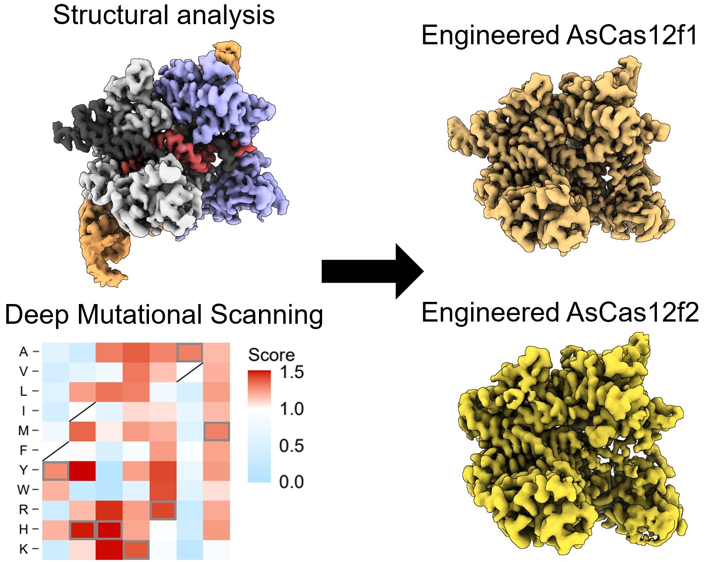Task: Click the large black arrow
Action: coord(373,271)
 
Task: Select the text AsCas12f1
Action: coord(631,35)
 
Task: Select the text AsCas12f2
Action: coord(632,312)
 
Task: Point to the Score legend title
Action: coord(271,354)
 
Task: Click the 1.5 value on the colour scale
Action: coord(291,372)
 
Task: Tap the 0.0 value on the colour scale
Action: coord(291,482)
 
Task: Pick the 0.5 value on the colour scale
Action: coord(291,445)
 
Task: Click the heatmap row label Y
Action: coord(24,470)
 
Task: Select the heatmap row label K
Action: coord(24,549)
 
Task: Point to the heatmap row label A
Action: coord(24,351)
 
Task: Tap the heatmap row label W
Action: coord(24,490)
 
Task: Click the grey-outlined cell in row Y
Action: coord(56,470)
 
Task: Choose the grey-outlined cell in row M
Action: coord(217,431)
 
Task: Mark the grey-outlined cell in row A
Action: coord(190,352)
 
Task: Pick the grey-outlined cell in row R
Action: coord(163,510)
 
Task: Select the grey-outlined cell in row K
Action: coord(136,549)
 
